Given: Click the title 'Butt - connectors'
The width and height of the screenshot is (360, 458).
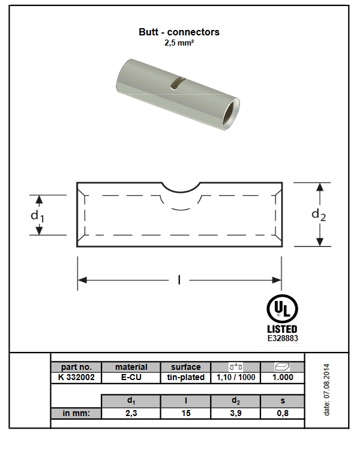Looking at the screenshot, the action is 179,32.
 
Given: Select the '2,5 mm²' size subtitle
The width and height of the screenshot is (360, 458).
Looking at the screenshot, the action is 179,43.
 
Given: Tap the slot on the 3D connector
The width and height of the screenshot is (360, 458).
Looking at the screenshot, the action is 177,83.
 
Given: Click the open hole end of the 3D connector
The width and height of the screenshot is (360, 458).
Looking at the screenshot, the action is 231,114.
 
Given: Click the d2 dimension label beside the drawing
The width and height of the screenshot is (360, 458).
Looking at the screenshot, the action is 319,215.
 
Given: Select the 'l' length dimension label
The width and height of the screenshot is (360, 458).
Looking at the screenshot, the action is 179,281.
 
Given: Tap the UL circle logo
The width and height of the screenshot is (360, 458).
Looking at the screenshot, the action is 282,309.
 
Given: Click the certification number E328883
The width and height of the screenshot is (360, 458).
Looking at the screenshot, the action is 283,338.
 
